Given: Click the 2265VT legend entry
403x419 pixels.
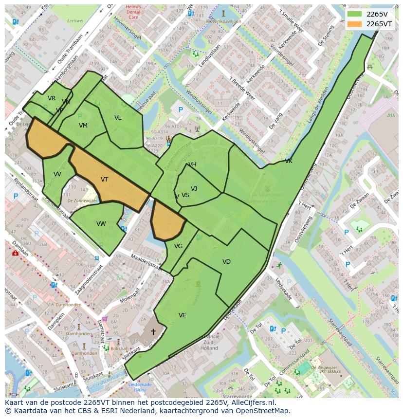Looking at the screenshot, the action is pyautogui.click(x=371, y=24).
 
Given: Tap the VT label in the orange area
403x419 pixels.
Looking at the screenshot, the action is pyautogui.click(x=104, y=180).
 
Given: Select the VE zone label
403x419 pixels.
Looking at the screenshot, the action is pyautogui.click(x=182, y=315).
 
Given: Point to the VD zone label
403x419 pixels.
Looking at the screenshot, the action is pyautogui.click(x=226, y=262).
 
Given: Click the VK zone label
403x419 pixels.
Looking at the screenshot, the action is pyautogui.click(x=289, y=161).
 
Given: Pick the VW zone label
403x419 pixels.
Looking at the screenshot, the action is pyautogui.click(x=101, y=224).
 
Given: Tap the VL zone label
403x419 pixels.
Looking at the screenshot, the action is pyautogui.click(x=118, y=118).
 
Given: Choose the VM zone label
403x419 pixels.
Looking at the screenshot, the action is pyautogui.click(x=83, y=126).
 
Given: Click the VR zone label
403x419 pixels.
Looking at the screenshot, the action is pyautogui.click(x=52, y=98).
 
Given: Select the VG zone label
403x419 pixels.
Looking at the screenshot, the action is pyautogui.click(x=178, y=246).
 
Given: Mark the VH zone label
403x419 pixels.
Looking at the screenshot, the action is pyautogui.click(x=192, y=164).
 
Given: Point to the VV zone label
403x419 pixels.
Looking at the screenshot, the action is pyautogui.click(x=57, y=174).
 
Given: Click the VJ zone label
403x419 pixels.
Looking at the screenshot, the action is pyautogui.click(x=194, y=189).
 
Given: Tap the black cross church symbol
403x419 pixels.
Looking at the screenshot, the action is pyautogui.click(x=153, y=332).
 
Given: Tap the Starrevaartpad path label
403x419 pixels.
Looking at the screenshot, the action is pyautogui.click(x=340, y=333).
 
